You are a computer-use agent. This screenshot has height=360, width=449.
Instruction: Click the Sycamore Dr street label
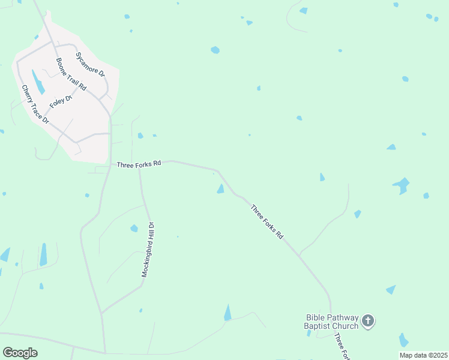[x=90, y=64]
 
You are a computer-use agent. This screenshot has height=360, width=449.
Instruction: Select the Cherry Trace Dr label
[x=35, y=104]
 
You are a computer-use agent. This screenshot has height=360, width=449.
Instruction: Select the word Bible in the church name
[x=316, y=317]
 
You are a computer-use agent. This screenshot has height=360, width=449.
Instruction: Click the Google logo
[x=20, y=353]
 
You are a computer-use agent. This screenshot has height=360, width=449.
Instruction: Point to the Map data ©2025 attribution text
[x=423, y=355]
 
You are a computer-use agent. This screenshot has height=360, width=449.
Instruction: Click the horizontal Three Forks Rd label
[x=139, y=164]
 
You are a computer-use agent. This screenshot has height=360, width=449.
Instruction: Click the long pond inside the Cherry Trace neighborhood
[x=38, y=82]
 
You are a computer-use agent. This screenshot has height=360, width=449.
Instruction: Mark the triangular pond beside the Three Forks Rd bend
[x=220, y=190]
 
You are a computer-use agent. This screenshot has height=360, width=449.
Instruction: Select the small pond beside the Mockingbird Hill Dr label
[x=134, y=228]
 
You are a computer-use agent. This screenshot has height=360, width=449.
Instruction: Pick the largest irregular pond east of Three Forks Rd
[x=401, y=185]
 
